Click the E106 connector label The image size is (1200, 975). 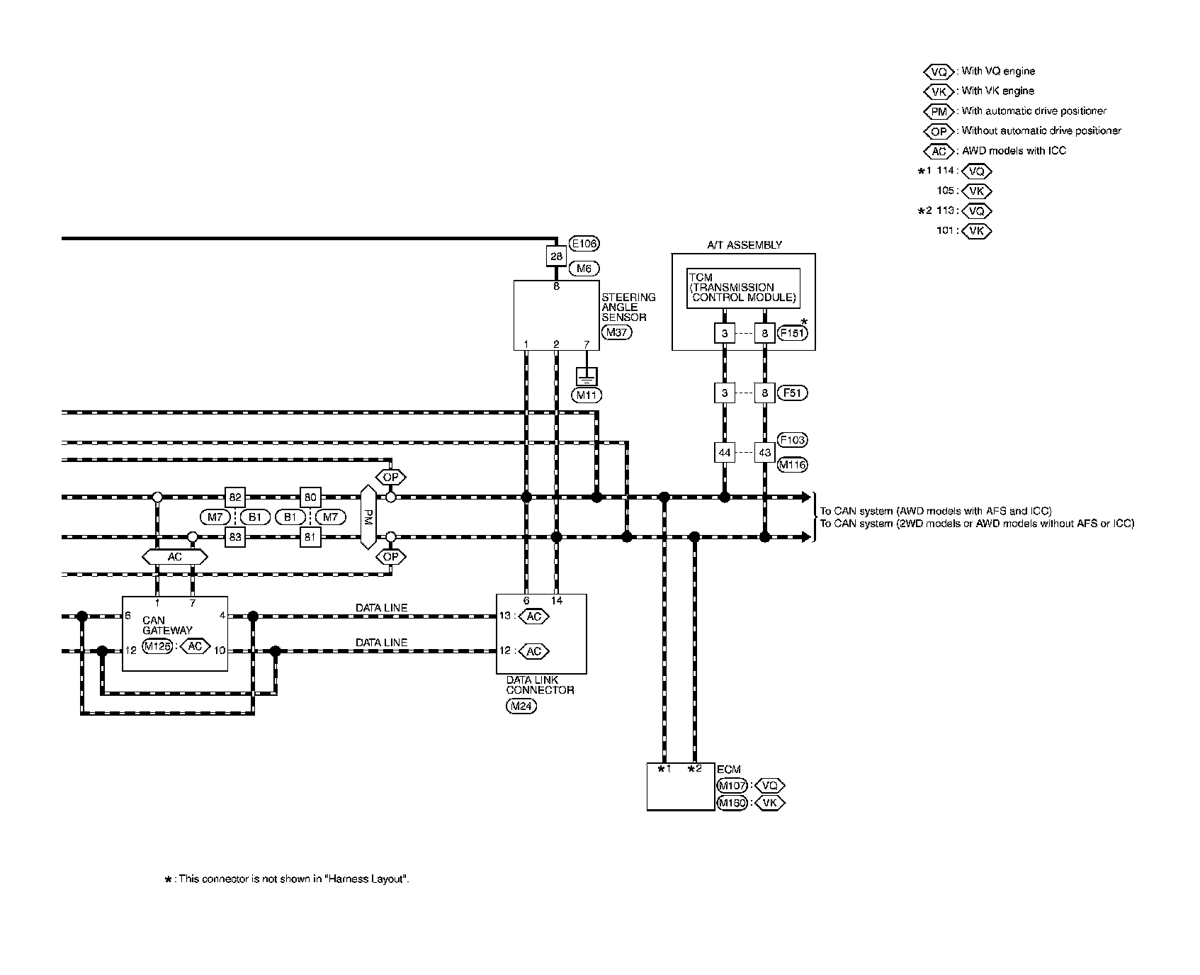pos(584,244)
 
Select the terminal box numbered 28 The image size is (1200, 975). pos(556,256)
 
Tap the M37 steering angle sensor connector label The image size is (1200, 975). pos(616,332)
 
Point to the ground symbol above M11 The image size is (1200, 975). pos(587,377)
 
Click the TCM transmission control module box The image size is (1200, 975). pos(743,288)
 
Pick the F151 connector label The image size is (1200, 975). pos(792,332)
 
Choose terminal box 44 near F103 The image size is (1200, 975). pos(724,452)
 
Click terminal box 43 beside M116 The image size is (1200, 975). pos(764,452)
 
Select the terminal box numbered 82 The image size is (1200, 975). pos(234,497)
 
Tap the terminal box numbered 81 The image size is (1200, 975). pos(310,537)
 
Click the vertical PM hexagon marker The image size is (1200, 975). pos(368,517)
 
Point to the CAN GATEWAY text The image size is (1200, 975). pos(166,625)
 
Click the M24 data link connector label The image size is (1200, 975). pos(521,706)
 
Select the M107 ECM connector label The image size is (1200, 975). pos(732,785)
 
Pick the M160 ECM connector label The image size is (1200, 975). pos(732,803)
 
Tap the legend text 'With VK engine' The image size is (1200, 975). pos(997,91)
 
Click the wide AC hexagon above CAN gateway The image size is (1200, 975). pos(175,557)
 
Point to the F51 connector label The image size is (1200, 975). pos(792,393)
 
